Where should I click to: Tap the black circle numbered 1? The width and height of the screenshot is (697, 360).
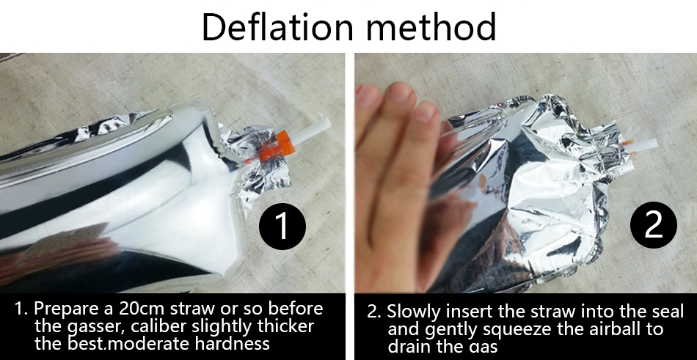282,226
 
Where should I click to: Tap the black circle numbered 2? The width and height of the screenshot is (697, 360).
654,225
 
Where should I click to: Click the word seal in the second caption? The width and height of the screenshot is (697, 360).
666,311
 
